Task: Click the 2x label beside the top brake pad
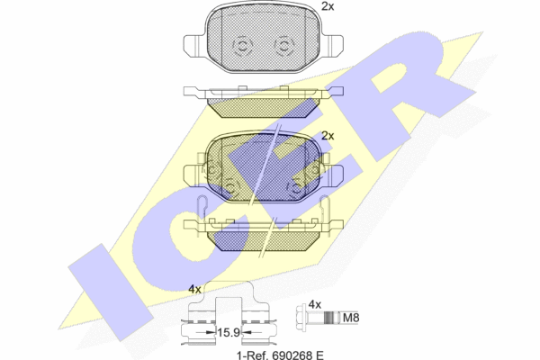click(x=328, y=6)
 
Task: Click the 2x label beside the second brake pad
click(x=328, y=136)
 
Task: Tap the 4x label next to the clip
click(x=195, y=290)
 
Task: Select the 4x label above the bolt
click(x=315, y=304)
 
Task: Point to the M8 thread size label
click(x=351, y=318)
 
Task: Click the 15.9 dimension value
click(x=229, y=332)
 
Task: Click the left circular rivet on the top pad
click(x=242, y=46)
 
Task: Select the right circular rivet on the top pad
click(x=284, y=46)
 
